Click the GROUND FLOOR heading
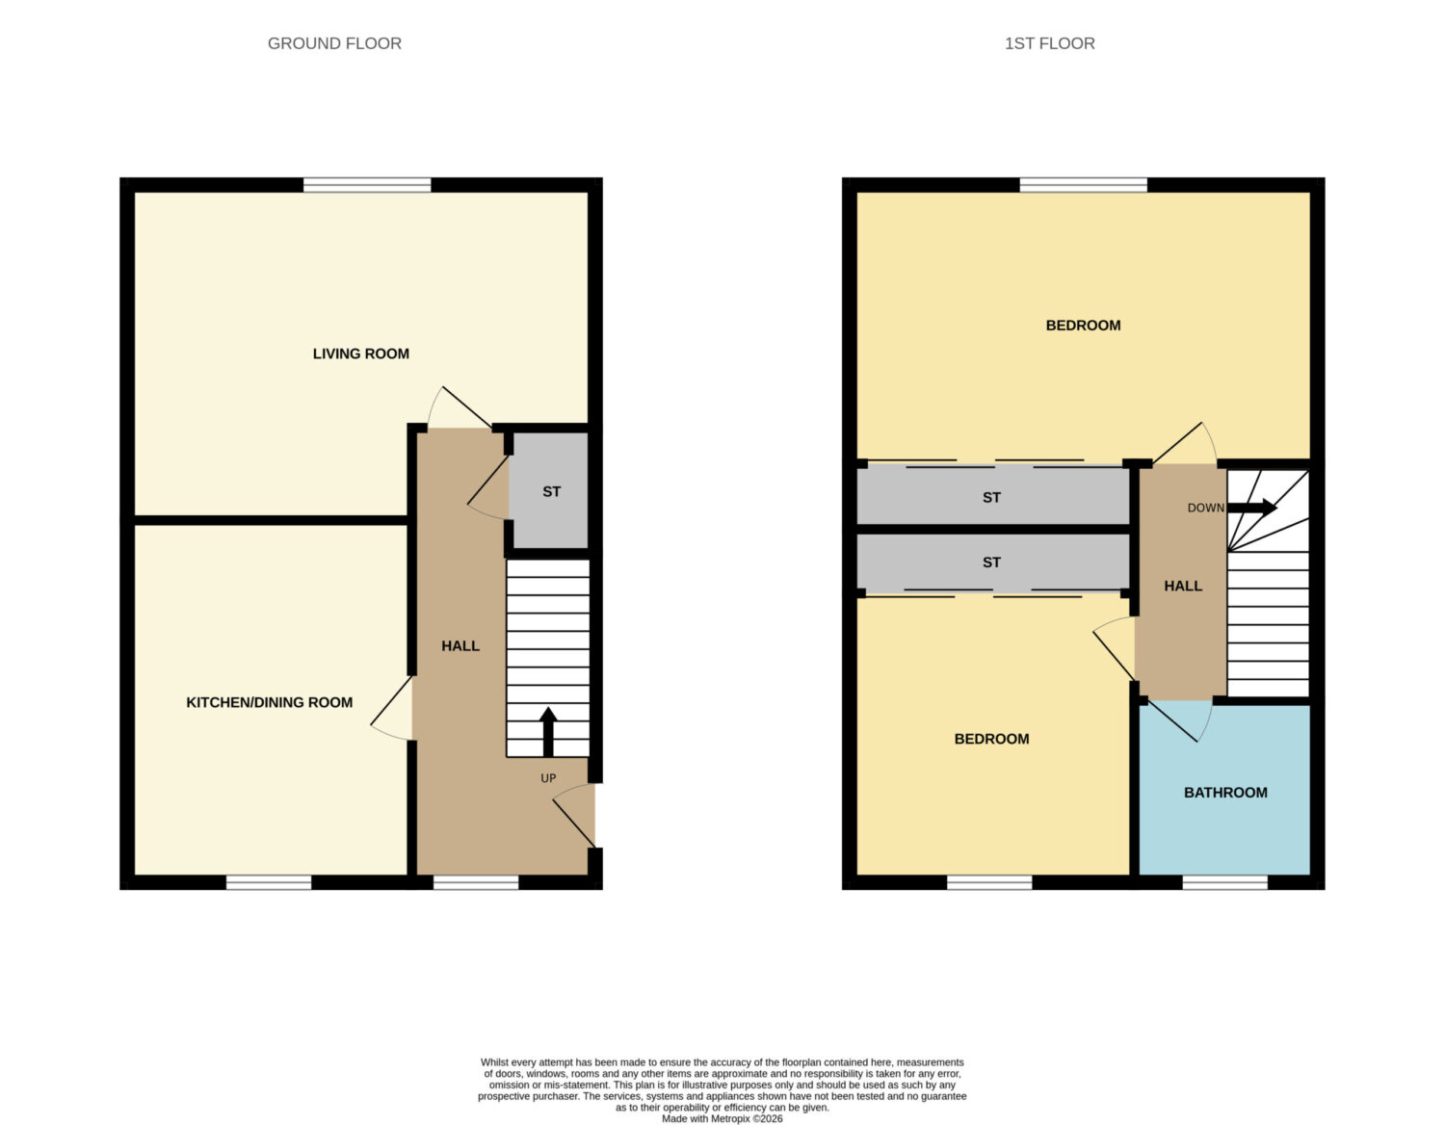click(x=334, y=43)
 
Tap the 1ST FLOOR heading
click(x=1049, y=43)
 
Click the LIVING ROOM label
click(x=361, y=353)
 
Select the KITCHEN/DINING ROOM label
click(x=270, y=702)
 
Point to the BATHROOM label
click(x=1225, y=793)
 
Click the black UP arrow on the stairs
click(x=548, y=732)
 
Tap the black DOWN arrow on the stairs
click(x=1252, y=508)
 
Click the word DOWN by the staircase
click(x=1205, y=508)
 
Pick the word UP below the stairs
click(x=548, y=778)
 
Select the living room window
click(x=367, y=185)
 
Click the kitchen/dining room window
click(x=269, y=882)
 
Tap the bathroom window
click(x=1225, y=882)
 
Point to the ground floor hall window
click(x=476, y=882)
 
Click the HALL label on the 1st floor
click(x=1183, y=586)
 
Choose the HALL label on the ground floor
click(x=460, y=645)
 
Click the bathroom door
click(x=1172, y=720)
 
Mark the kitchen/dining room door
click(x=392, y=708)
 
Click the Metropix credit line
click(x=722, y=1118)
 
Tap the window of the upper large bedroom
click(x=1083, y=185)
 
